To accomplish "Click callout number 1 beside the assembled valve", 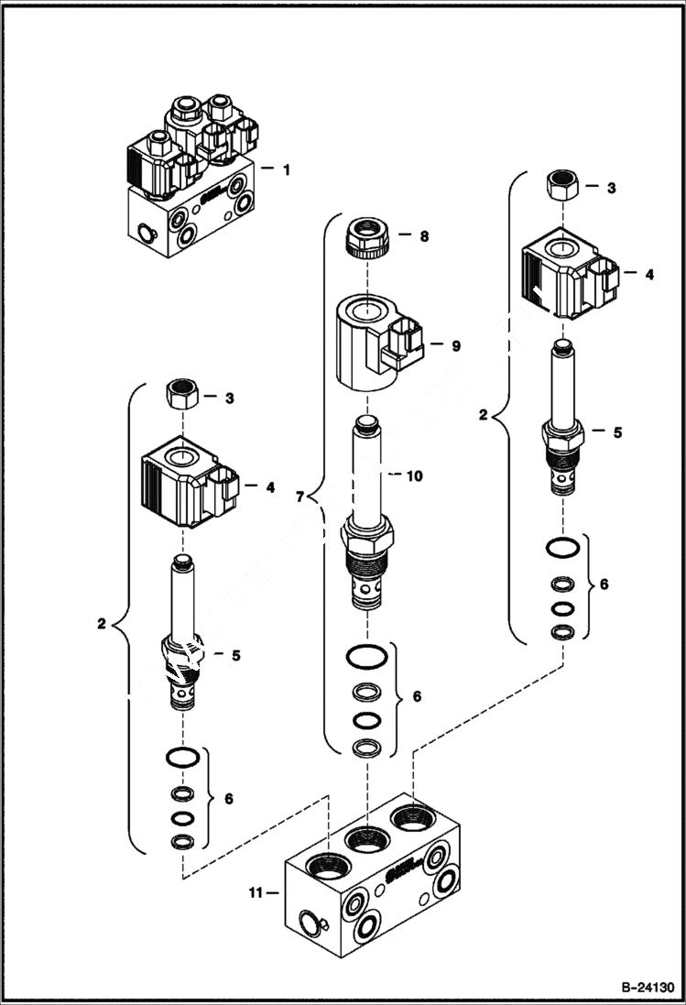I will click(287, 169).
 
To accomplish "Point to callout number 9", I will click(455, 346).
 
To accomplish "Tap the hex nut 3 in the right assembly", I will click(561, 186).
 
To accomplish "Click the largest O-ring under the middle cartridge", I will click(366, 658).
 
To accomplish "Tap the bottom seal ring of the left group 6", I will click(182, 841).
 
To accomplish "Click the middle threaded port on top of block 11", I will click(366, 838).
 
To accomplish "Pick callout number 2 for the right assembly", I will click(484, 415).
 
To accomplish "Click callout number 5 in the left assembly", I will click(236, 656).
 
